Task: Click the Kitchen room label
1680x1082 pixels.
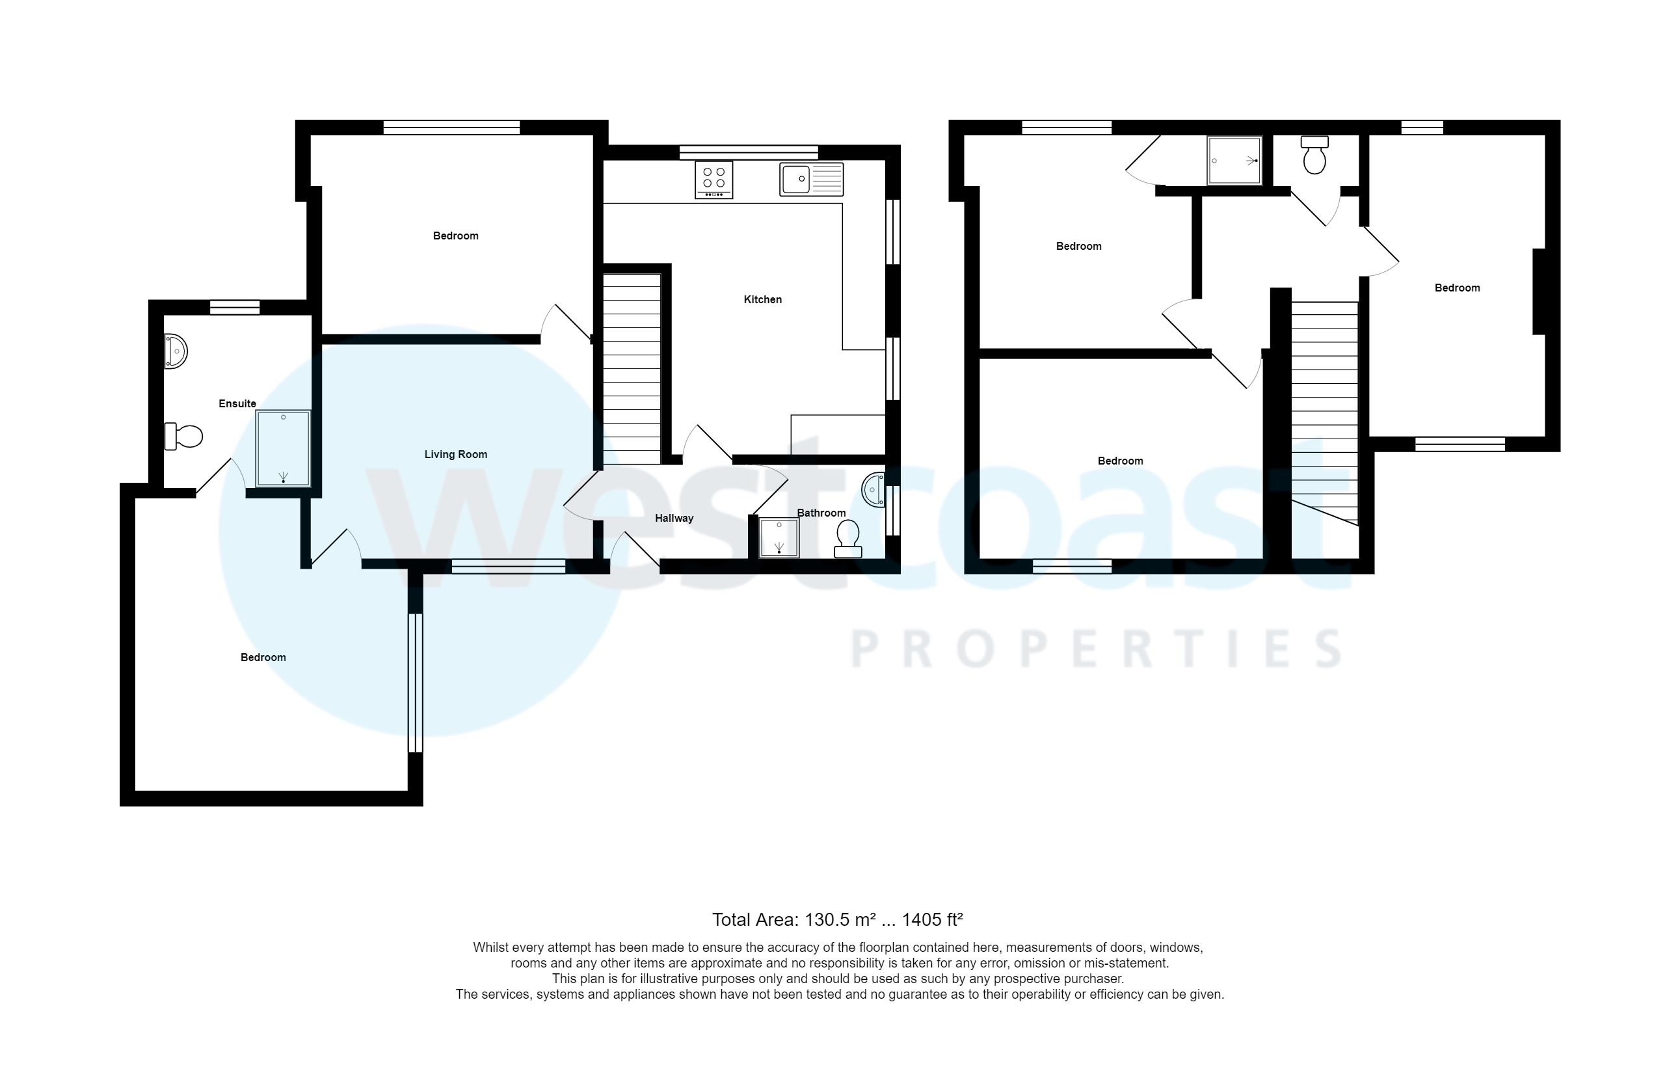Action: [762, 299]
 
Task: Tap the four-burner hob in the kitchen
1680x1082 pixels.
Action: [713, 180]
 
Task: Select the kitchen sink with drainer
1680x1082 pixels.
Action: [810, 179]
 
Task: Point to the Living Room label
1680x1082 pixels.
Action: [455, 455]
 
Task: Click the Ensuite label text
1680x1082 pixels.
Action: [237, 403]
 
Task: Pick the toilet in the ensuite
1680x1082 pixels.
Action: [183, 437]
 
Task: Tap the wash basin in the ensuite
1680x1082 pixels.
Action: [176, 351]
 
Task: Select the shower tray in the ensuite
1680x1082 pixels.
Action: [283, 449]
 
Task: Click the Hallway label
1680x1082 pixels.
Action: [674, 519]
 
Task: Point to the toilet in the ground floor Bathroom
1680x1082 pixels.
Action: [847, 538]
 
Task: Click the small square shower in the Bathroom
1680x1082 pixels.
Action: [779, 538]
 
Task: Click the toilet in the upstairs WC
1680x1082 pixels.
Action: [1314, 156]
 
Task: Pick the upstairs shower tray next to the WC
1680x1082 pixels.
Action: [1234, 161]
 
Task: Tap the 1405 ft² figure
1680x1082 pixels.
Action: [932, 920]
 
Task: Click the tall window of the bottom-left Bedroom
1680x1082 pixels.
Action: [415, 683]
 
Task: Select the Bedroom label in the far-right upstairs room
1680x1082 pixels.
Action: [1457, 288]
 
